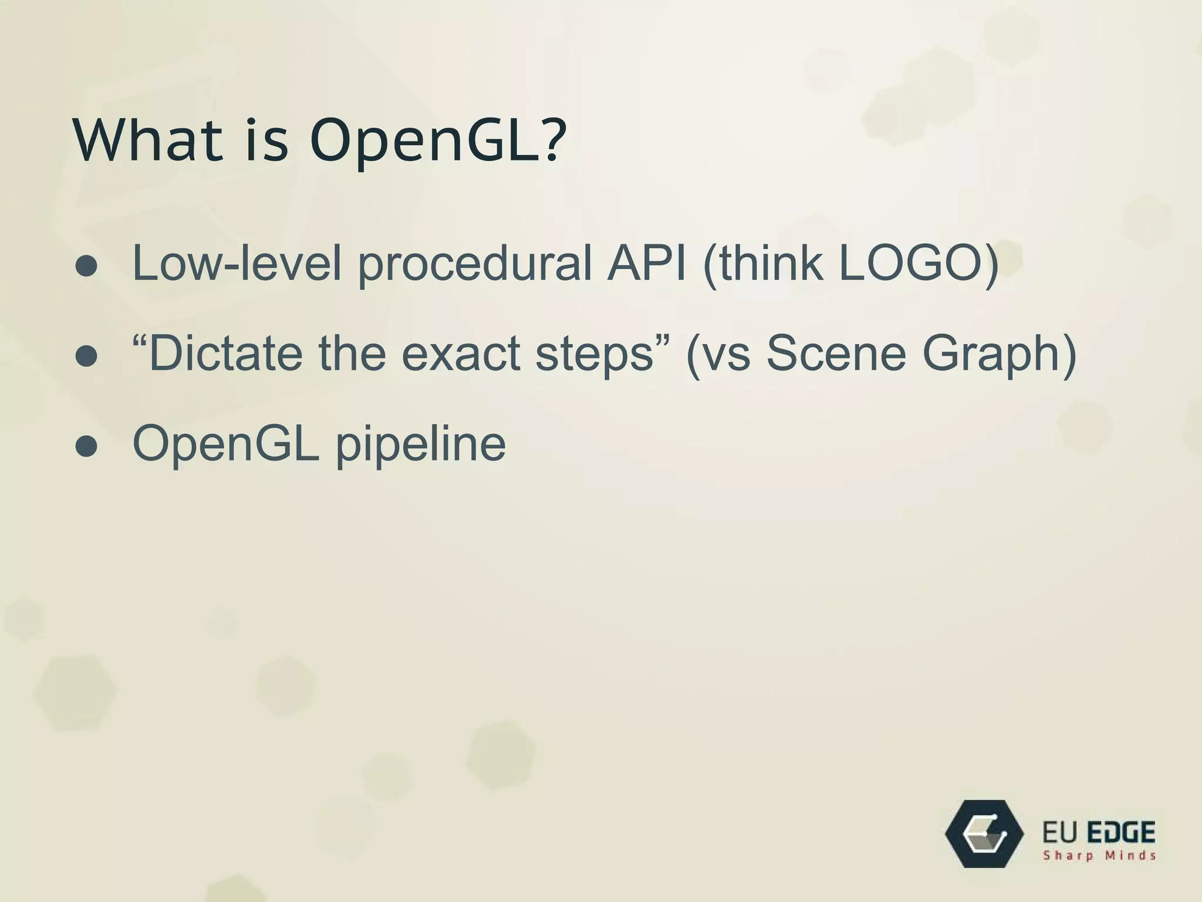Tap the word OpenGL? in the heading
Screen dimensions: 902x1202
437,141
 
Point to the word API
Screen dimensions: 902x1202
646,262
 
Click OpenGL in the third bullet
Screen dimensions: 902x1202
225,444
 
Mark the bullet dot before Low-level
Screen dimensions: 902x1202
86,267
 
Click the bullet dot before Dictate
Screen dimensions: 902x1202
86,356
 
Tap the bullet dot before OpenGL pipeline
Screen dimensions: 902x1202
86,447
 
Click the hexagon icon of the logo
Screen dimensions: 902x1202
984,834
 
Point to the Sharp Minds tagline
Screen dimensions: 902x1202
1099,856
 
